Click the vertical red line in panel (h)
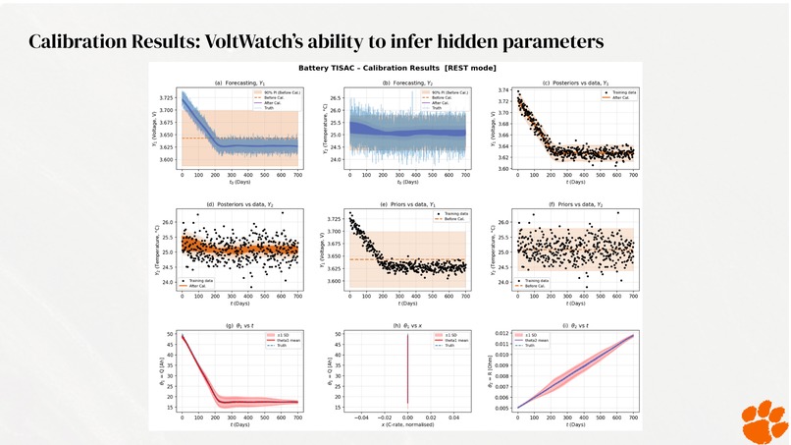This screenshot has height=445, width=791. (407, 373)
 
